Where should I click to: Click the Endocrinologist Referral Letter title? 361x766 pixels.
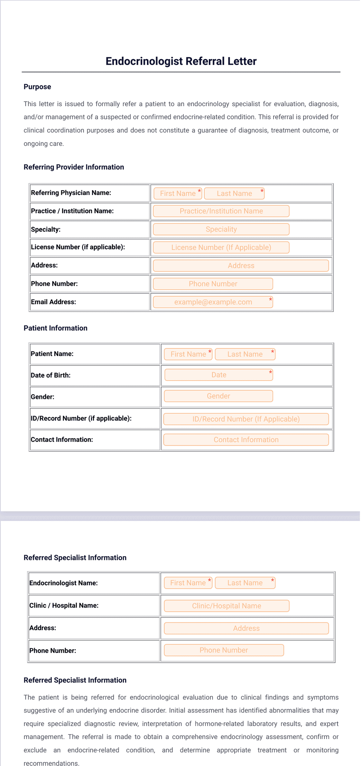point(181,61)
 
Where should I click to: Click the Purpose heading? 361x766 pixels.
point(37,87)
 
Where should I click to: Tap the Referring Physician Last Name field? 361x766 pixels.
point(234,194)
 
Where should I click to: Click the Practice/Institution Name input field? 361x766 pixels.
point(221,211)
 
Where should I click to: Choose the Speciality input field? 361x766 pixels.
point(221,230)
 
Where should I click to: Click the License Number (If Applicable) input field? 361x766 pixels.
point(221,247)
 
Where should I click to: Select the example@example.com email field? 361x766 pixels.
point(213,302)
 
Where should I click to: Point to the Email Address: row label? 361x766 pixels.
point(54,302)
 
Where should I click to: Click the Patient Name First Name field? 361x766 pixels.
point(188,354)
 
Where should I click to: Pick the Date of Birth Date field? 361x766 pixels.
point(219,375)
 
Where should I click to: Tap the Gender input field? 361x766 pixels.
point(218,396)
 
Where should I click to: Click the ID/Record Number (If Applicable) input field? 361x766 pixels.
point(246,419)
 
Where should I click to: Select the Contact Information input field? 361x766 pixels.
point(246,440)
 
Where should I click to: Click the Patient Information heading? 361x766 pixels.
point(55,328)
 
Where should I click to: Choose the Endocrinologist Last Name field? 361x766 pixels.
point(245,583)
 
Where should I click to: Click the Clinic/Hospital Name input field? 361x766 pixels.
point(226,606)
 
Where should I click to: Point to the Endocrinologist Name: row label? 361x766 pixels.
point(64,583)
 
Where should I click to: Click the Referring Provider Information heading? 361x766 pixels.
point(74,167)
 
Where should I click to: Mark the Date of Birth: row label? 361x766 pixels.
point(50,375)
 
